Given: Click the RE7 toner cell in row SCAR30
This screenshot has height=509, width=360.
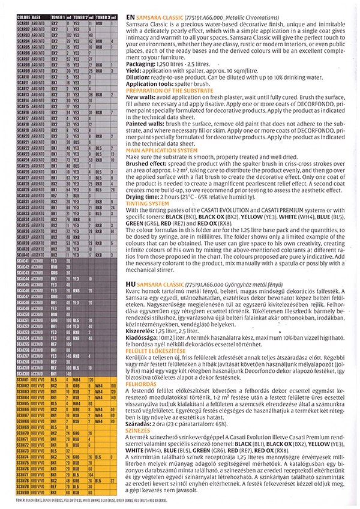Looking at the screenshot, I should coord(54,196).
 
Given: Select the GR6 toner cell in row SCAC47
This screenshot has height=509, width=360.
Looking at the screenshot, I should coord(54,297).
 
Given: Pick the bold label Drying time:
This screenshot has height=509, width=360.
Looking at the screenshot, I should coord(144,197).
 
